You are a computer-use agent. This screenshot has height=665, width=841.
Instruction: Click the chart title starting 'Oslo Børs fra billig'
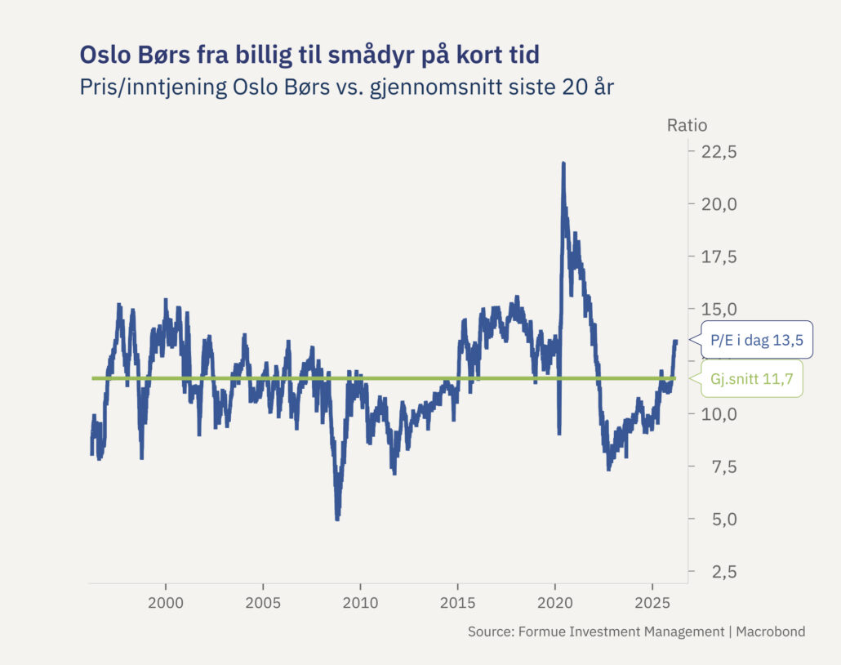(309, 54)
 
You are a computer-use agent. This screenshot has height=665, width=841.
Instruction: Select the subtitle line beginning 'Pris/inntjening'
(346, 87)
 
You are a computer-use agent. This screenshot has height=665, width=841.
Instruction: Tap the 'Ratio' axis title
(687, 125)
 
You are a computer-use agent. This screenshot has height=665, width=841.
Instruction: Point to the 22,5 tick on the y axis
(719, 152)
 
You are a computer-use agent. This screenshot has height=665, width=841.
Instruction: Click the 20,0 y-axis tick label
(719, 204)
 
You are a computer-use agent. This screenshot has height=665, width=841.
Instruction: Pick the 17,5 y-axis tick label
(719, 257)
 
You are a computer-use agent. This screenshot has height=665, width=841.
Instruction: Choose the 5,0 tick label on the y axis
(719, 519)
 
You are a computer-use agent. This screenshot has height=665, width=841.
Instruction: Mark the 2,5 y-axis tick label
(719, 572)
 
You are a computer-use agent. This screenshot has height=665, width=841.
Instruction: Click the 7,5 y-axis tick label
(719, 466)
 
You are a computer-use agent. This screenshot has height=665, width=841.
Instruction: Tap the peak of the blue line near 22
(563, 163)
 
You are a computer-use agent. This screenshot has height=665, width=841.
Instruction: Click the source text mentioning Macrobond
(636, 632)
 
